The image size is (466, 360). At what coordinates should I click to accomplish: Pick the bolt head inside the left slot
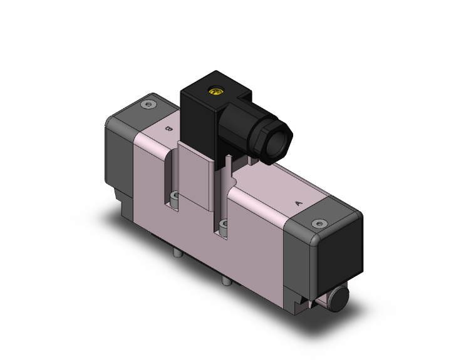click(x=175, y=200)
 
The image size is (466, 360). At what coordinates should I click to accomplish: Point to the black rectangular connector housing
click(x=200, y=119)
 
